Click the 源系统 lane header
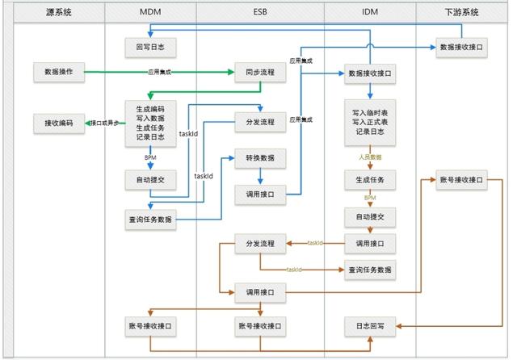[x=59, y=12]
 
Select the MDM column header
[x=150, y=12]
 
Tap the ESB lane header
[x=260, y=12]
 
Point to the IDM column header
[x=370, y=12]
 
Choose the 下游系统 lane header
[x=462, y=12]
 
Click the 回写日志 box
[x=149, y=48]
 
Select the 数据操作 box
[x=58, y=73]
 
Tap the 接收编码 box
[x=58, y=123]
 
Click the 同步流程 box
[x=260, y=73]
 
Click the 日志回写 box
[x=370, y=326]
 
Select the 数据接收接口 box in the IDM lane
[x=370, y=73]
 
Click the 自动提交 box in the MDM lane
[x=149, y=180]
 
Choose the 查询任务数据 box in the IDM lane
[x=370, y=270]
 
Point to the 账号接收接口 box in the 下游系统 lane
[x=461, y=180]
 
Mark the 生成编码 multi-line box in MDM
[x=149, y=123]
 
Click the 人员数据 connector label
[x=370, y=157]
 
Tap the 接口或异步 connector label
[x=104, y=123]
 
